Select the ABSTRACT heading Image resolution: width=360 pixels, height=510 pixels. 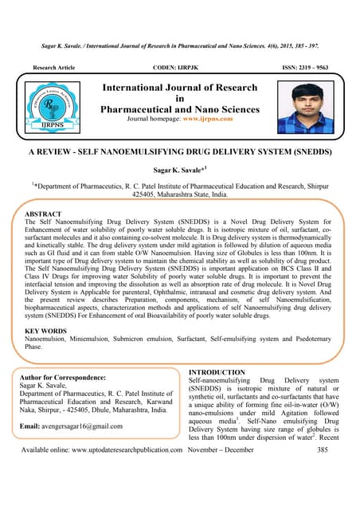44,215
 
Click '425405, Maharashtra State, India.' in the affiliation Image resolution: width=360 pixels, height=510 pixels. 180,194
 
